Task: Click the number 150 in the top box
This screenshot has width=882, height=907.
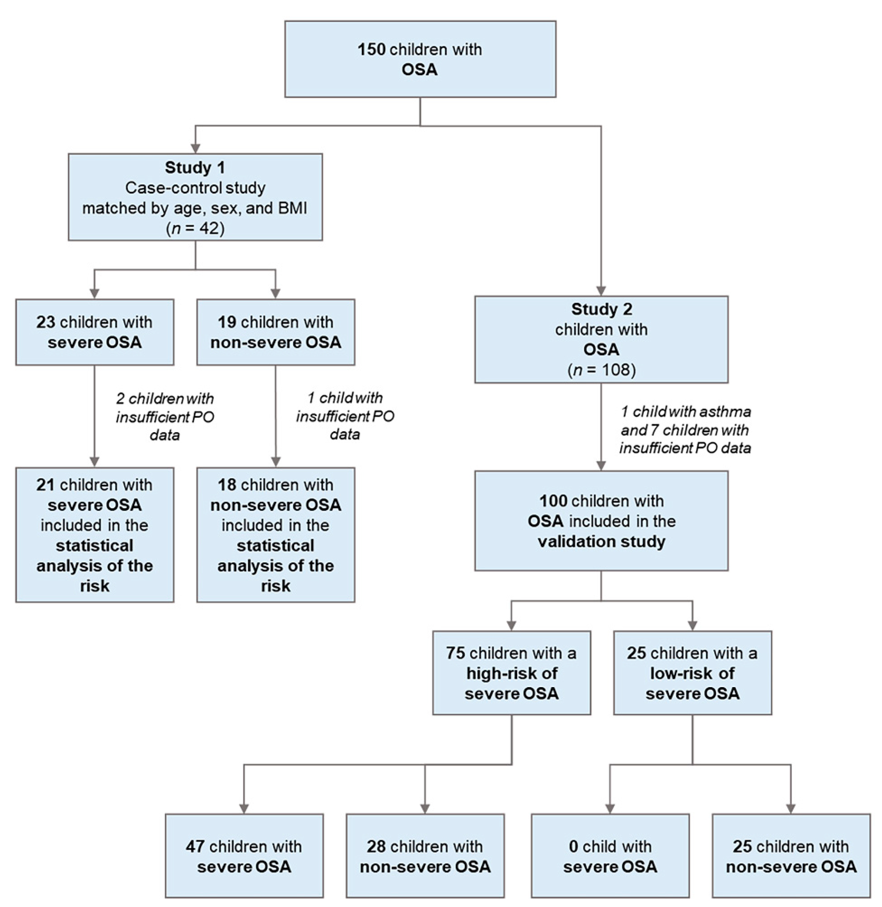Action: click(371, 50)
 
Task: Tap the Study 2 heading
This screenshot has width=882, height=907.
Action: click(601, 309)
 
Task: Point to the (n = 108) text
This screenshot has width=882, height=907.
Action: click(601, 370)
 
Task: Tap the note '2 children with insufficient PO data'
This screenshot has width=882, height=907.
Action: click(165, 417)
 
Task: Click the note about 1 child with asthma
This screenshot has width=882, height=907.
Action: click(685, 429)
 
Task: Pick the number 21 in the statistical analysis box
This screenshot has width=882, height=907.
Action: click(45, 485)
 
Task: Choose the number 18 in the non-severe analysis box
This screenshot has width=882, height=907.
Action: click(227, 485)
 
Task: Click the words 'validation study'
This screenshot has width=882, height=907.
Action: click(601, 541)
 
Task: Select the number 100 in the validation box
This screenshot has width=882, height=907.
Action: click(553, 501)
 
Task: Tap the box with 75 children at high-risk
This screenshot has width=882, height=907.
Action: click(512, 673)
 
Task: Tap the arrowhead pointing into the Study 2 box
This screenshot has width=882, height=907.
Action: click(601, 291)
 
